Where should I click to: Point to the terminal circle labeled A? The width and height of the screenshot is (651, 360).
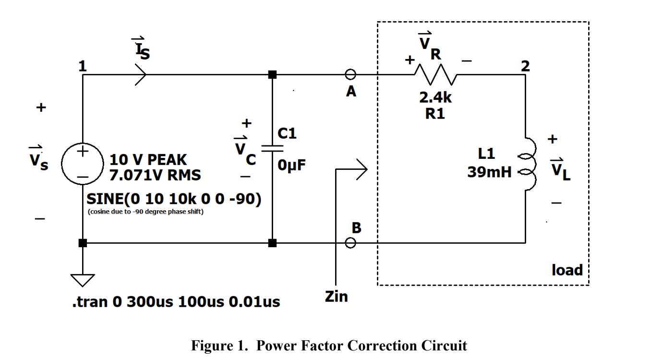coord(350,74)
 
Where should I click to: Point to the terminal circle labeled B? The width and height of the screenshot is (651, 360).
coord(350,243)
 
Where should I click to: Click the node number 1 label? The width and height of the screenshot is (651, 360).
coord(83,66)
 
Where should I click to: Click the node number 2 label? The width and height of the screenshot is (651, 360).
coord(525,66)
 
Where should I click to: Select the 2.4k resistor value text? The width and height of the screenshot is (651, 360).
coord(435,98)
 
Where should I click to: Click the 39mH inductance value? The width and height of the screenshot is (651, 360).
coord(489,172)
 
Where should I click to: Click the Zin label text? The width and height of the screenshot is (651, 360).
coord(336,297)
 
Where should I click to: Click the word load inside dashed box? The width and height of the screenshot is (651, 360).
coord(567,270)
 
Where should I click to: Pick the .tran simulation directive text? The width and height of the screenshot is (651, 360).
coord(176,302)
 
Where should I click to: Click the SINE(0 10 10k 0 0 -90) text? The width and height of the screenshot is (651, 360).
coord(174,199)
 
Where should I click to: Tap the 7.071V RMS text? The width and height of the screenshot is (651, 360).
coord(155,175)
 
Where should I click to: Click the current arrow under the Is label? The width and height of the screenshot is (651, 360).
coord(140,74)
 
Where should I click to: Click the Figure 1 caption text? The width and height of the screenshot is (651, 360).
coord(329,346)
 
